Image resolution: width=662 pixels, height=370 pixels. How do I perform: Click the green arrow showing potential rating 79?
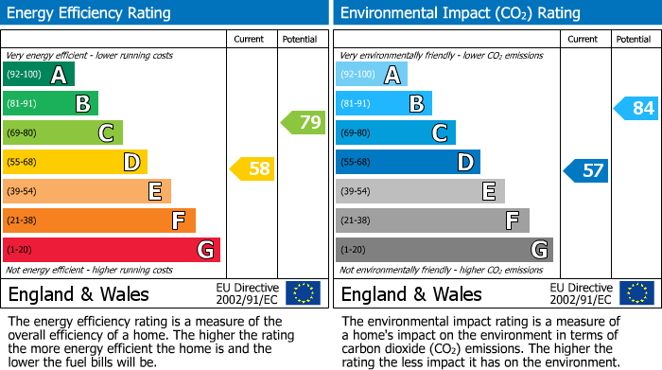click(304, 122)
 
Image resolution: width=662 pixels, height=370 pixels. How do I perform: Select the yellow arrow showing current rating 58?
click(253, 169)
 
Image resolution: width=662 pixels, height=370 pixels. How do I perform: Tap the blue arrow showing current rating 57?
click(586, 170)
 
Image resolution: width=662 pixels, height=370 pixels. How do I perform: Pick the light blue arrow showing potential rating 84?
click(636, 108)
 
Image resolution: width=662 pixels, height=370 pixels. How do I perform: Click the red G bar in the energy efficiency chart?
click(112, 250)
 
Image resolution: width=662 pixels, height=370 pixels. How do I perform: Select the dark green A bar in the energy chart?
click(39, 75)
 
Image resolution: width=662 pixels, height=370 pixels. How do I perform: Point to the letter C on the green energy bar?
click(106, 133)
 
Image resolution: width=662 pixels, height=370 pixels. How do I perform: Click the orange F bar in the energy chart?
click(99, 220)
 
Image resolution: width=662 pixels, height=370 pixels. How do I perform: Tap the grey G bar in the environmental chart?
click(444, 250)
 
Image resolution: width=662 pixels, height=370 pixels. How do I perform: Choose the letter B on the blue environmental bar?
click(416, 104)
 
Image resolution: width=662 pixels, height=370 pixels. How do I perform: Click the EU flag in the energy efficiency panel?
click(304, 293)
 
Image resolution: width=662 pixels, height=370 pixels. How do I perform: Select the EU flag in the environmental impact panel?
click(636, 293)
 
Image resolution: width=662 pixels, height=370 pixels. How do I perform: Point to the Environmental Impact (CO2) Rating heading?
click(460, 13)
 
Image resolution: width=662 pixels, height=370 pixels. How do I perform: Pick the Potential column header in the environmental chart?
click(634, 40)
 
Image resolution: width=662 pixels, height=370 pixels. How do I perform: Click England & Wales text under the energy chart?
click(78, 293)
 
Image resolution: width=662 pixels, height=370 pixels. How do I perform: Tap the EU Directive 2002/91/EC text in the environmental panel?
click(581, 293)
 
